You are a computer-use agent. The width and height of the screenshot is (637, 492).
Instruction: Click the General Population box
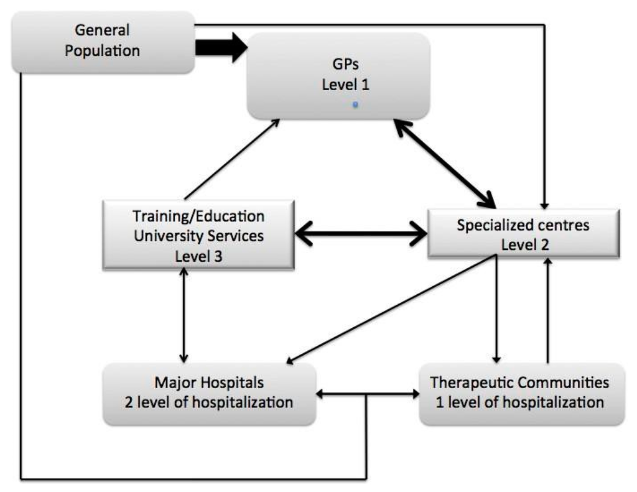[x=103, y=41]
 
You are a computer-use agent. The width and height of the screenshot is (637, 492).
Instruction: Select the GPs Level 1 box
[x=338, y=76]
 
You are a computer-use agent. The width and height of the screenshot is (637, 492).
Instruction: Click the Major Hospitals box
[x=208, y=394]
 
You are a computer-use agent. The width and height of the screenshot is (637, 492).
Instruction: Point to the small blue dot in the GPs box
[x=355, y=105]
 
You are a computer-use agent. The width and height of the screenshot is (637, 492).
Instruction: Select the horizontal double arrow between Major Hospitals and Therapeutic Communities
[x=367, y=394]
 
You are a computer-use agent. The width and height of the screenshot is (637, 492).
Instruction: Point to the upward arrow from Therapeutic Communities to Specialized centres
[x=548, y=311]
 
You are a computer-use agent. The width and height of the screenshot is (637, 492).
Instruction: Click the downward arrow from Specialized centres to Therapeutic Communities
[x=496, y=311]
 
